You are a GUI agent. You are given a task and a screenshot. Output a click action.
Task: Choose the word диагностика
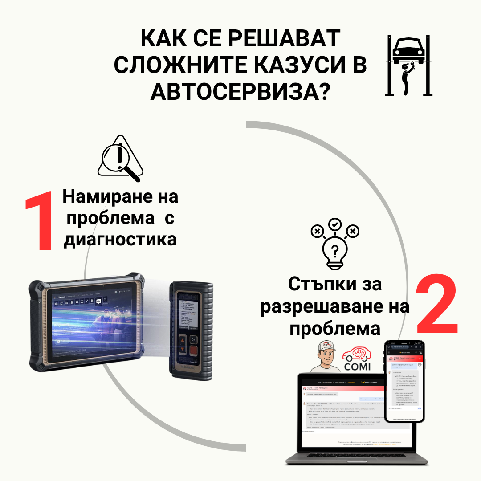point(120,239)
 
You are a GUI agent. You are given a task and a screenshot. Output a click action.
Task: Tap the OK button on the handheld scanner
point(192,339)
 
